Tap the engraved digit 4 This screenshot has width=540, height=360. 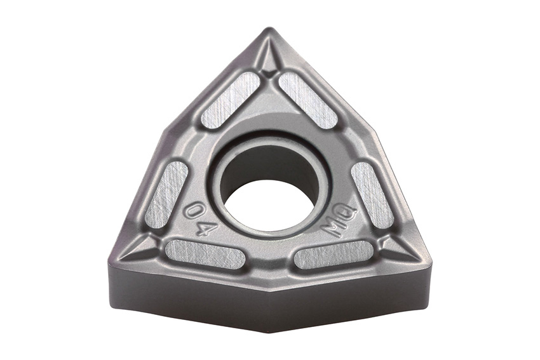[x=206, y=228]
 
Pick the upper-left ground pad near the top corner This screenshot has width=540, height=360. [x=230, y=100]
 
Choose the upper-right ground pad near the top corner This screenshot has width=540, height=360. [x=307, y=100]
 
